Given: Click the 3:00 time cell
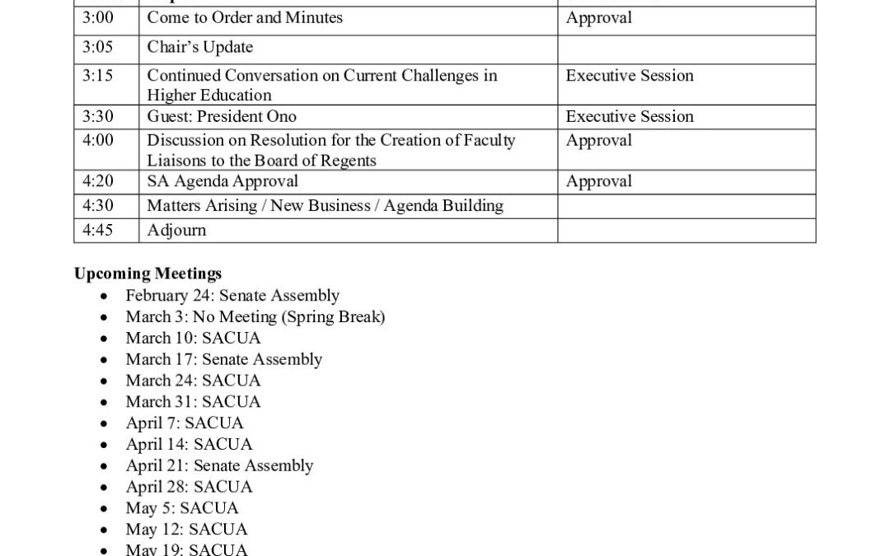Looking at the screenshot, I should click(98, 17).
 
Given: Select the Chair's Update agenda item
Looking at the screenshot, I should click(199, 47).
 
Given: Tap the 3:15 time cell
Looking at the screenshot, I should click(98, 75).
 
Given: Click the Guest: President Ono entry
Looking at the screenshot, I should click(222, 116).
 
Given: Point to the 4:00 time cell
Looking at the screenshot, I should click(98, 140).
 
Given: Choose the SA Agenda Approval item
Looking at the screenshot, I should click(222, 181).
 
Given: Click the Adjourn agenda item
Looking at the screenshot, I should click(176, 230).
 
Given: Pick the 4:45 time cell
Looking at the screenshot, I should click(98, 230).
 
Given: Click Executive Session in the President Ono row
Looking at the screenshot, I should click(630, 116).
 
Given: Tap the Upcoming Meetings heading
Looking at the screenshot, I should click(148, 273).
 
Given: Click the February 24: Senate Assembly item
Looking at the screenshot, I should click(232, 295).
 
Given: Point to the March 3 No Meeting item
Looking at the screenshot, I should click(255, 316).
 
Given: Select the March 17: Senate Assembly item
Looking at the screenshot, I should click(223, 359).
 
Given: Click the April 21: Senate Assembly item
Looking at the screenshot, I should click(219, 465).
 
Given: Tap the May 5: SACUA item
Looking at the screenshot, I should click(182, 508).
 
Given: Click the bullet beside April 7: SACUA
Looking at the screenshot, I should click(103, 423).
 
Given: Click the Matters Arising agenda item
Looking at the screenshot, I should click(325, 205).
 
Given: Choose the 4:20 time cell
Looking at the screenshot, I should click(98, 181).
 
